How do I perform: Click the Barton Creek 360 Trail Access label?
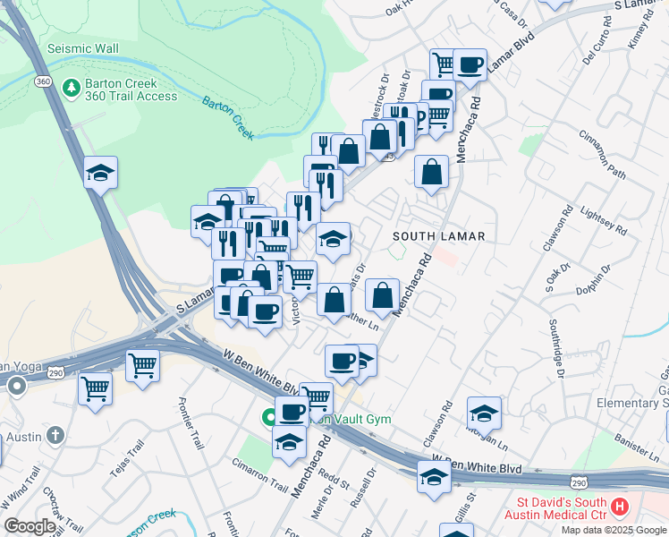[x=131, y=89]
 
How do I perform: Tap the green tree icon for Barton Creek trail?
[x=72, y=89]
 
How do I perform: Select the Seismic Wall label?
[x=82, y=47]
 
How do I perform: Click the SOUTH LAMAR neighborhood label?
[x=438, y=236]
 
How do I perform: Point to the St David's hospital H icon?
[x=618, y=508]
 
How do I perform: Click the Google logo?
[x=30, y=526]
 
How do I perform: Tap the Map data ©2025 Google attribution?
[x=614, y=530]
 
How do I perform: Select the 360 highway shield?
[x=43, y=81]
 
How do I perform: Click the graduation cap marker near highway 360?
[x=101, y=173]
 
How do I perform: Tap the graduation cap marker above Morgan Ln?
[x=484, y=413]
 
